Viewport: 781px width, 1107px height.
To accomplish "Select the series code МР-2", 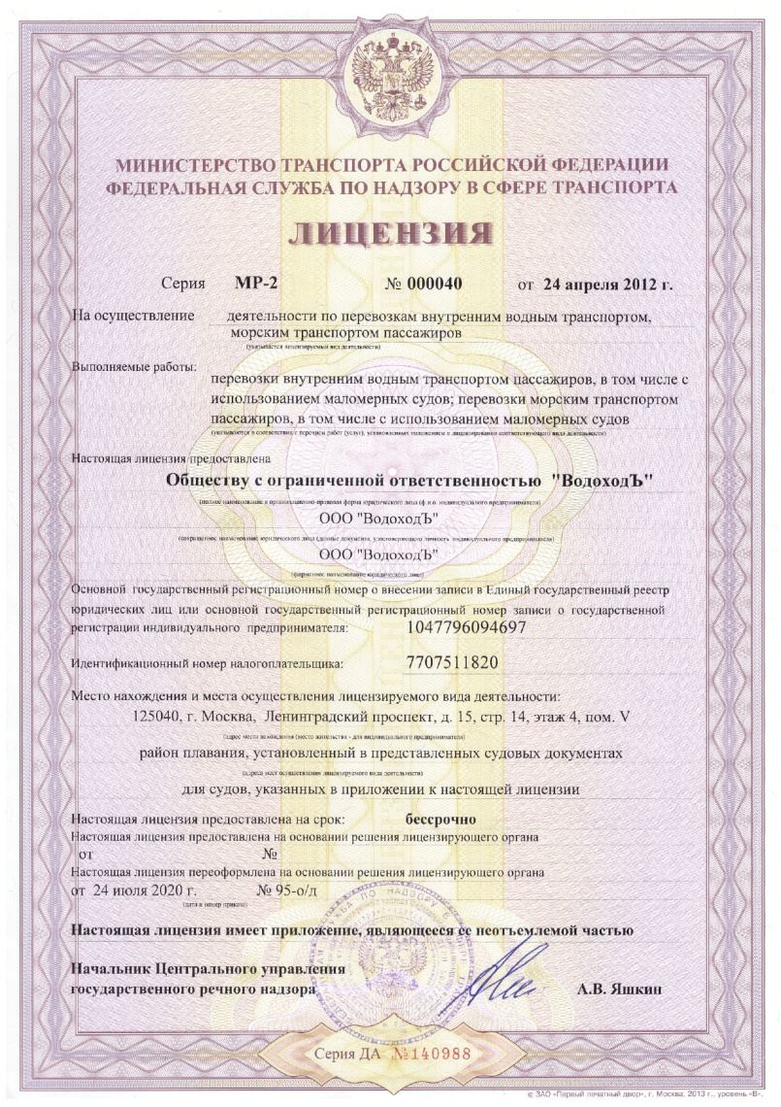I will [x=256, y=285].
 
